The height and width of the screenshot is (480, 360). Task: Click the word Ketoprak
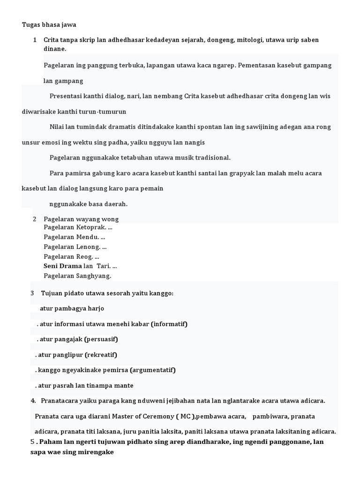pos(91,227)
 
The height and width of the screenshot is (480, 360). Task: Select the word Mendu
pos(88,237)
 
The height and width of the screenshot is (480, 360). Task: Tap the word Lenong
pos(89,247)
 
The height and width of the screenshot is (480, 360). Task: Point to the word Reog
pos(85,256)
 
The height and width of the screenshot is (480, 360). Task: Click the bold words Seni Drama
pos(62,266)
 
